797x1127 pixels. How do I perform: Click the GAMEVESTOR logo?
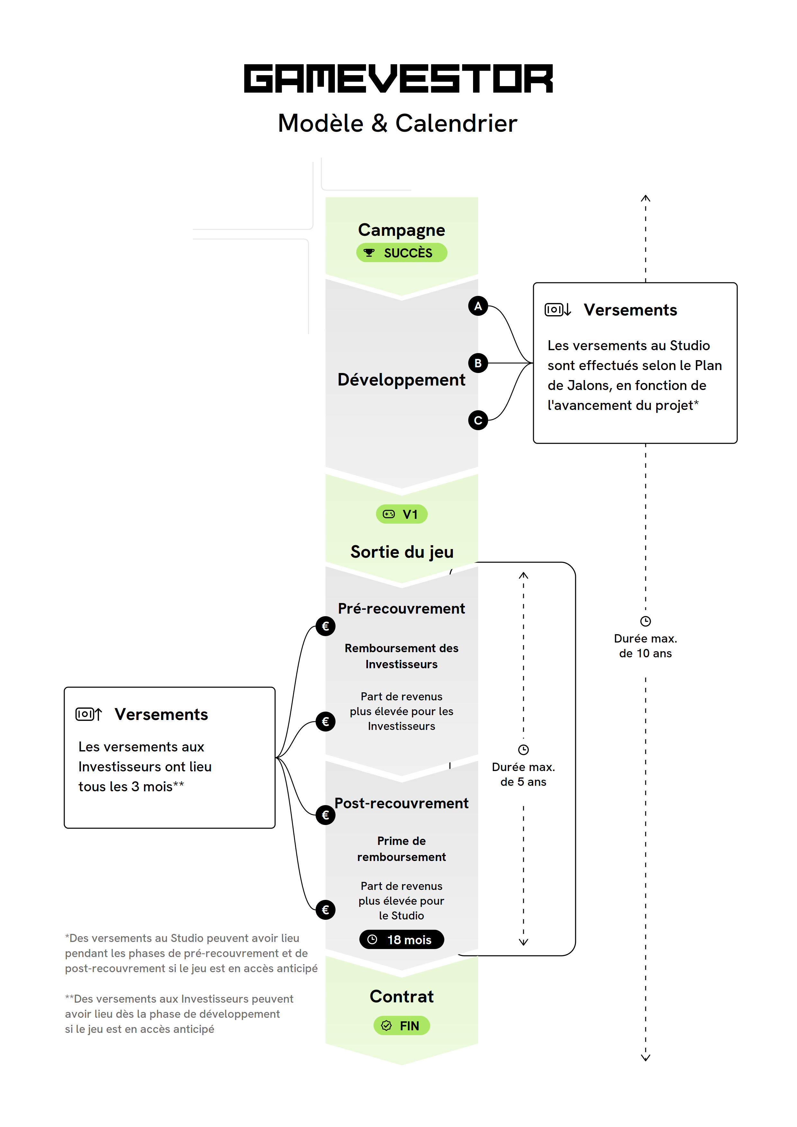coord(398,78)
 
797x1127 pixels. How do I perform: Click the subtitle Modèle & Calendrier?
coord(398,123)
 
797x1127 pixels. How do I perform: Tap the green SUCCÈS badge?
coord(402,253)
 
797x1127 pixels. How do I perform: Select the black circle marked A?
coord(478,306)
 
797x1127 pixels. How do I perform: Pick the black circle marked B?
coord(478,363)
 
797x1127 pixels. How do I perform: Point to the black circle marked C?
coord(478,420)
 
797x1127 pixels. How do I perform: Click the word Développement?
coord(401,380)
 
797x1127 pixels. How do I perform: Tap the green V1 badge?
coord(402,514)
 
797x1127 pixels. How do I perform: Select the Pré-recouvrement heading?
coord(401,609)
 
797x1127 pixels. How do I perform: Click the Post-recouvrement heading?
coord(401,803)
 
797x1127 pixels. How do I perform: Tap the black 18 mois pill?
coord(402,939)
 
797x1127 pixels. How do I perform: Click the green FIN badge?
coord(402,1026)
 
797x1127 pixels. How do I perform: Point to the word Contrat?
coord(402,997)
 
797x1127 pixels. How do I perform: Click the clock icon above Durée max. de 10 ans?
coord(645,621)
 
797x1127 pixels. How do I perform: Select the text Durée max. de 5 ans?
coord(524,775)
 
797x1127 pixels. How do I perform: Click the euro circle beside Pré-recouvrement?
coord(325,626)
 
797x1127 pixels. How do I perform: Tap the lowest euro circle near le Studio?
coord(325,910)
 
